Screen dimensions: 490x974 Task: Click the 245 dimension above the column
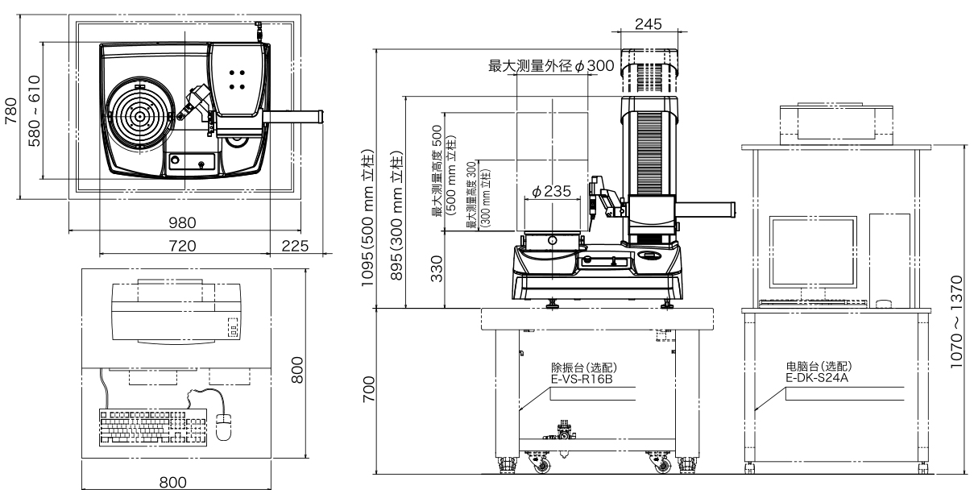648,24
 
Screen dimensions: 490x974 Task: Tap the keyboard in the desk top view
143,425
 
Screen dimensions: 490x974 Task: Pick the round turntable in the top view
140,116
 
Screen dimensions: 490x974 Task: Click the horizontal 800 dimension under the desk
174,481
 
